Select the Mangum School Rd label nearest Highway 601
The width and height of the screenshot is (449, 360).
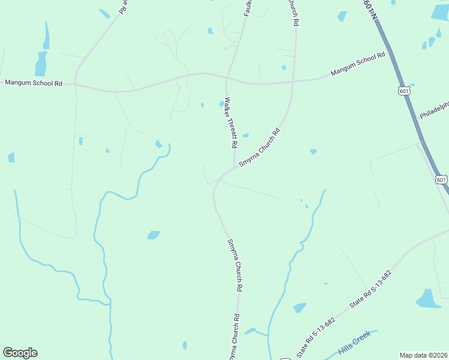tap(358, 65)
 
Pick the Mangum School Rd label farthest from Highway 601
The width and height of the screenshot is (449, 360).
tap(33, 83)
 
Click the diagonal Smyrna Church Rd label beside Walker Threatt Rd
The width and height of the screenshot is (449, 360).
tap(260, 148)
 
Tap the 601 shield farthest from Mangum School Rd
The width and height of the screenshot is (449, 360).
tap(441, 179)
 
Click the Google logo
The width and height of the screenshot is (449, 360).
tap(20, 353)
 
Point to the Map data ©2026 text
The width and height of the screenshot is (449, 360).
tap(423, 355)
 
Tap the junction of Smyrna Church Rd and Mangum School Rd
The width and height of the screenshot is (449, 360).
tap(292, 81)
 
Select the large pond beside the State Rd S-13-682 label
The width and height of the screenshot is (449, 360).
tap(428, 298)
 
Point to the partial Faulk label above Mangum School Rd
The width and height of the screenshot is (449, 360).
tap(246, 7)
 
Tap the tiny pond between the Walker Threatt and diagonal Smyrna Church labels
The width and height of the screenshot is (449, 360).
tap(245, 135)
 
